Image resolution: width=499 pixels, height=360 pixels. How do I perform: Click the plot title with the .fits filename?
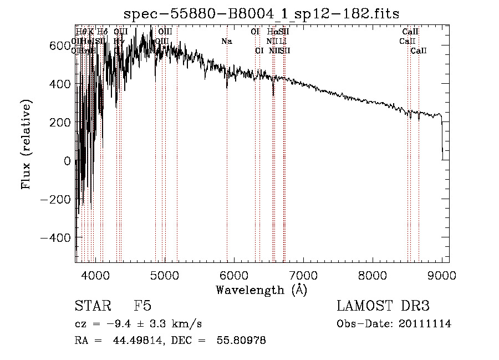point(262,13)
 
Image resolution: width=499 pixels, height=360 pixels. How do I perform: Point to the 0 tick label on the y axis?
point(68,161)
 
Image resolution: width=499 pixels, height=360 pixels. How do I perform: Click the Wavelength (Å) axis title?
point(262,290)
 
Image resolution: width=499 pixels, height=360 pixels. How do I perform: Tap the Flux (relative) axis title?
point(27,144)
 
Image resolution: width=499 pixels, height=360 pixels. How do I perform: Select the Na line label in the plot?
point(226,42)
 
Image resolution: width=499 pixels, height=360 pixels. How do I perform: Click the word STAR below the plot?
point(91,306)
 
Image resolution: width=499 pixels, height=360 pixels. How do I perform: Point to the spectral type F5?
point(142,306)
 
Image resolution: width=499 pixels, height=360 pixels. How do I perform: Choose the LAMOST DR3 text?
point(383,306)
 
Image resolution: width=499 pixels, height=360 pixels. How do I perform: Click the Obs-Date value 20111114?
point(427,324)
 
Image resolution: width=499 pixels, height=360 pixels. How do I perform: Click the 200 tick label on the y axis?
point(60,123)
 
